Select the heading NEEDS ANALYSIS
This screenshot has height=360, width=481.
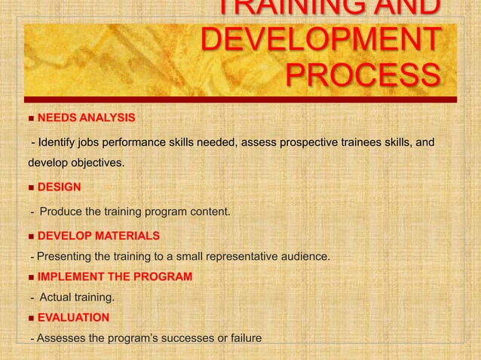86,118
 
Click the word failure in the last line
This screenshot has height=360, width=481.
243,338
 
